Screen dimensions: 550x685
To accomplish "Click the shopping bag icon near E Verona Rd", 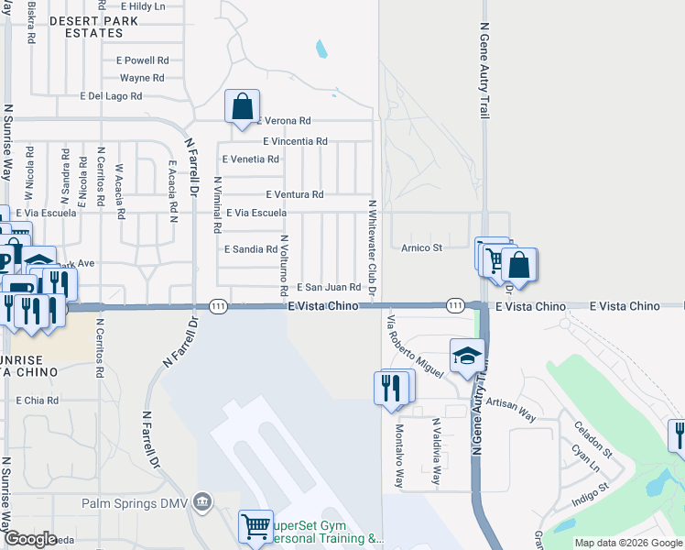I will tap(243, 106).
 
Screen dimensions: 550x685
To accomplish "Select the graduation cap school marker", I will tap(467, 356).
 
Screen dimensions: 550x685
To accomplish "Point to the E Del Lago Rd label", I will tap(111, 95).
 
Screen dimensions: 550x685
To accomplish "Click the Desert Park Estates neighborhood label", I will tap(86, 26).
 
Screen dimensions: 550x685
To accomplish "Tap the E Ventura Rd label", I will tap(294, 194).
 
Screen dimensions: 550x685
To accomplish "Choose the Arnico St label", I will tap(421, 247).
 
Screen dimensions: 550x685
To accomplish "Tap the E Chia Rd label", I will tap(38, 401).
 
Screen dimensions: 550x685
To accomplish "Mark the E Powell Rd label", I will tap(142, 60).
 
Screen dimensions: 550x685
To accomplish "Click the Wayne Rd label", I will tap(141, 78).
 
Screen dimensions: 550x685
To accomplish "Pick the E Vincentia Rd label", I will tap(295, 141).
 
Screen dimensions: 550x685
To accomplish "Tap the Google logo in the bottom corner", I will tap(29, 539).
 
